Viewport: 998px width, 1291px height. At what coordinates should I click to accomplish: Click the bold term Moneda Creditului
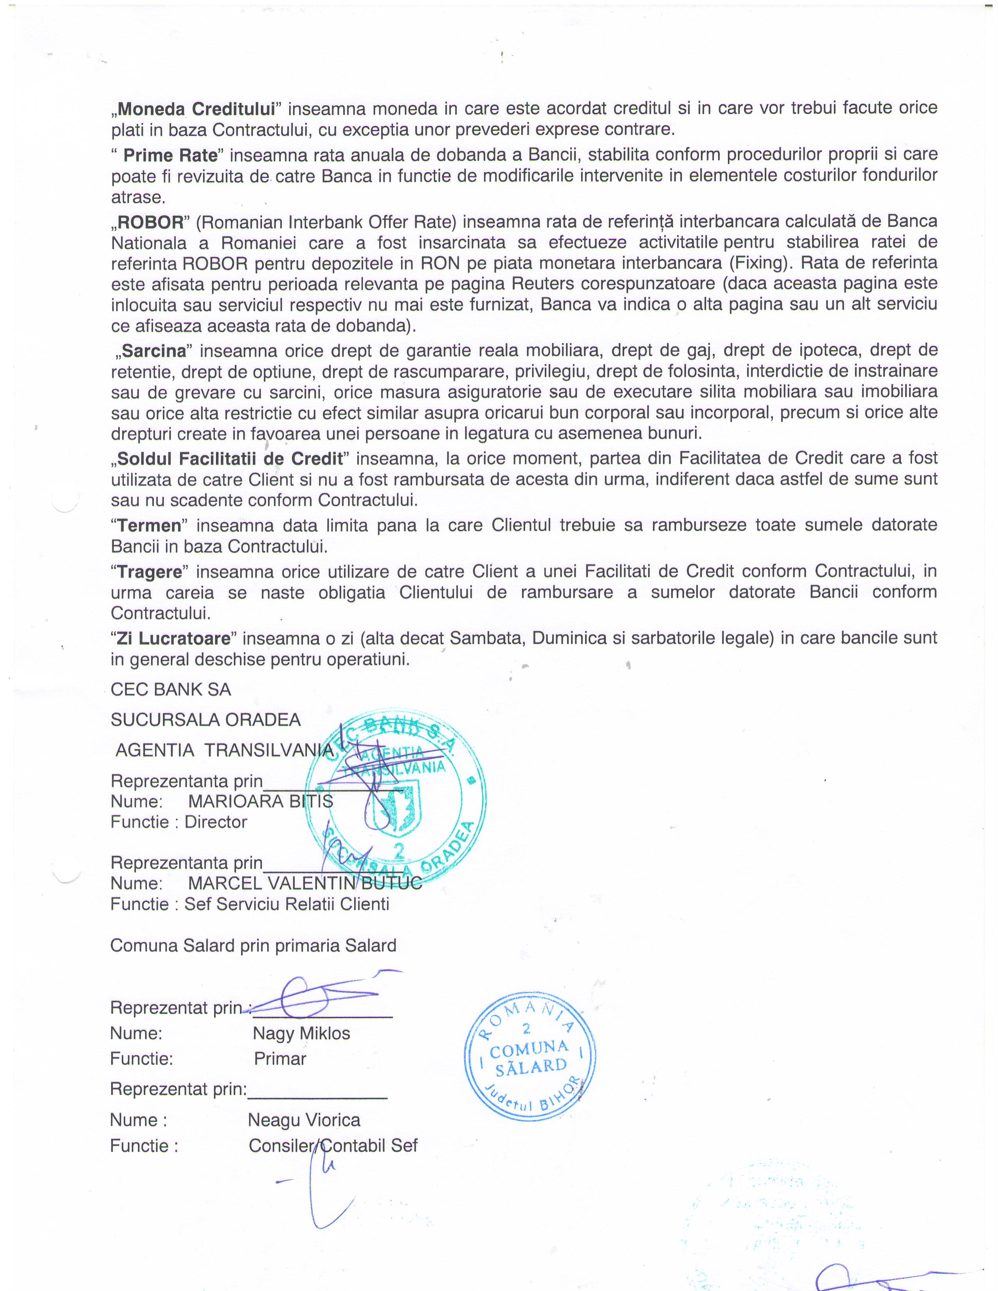click(196, 109)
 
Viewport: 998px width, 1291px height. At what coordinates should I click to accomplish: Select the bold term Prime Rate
click(170, 155)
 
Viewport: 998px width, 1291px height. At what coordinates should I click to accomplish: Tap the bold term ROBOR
click(151, 223)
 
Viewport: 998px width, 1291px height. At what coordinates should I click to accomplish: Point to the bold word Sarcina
click(154, 351)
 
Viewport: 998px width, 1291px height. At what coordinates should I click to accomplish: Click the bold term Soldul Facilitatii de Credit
click(230, 459)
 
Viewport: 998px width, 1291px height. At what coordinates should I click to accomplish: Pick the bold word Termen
click(149, 526)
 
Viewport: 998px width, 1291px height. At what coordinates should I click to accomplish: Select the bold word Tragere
click(150, 572)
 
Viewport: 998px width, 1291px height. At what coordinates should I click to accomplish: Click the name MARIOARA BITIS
click(261, 801)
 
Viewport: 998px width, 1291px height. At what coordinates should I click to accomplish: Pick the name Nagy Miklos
click(301, 1033)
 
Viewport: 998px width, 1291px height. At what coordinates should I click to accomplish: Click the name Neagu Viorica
click(304, 1120)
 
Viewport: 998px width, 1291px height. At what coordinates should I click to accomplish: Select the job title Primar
click(280, 1059)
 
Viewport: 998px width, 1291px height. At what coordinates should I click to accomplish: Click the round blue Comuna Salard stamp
click(530, 1056)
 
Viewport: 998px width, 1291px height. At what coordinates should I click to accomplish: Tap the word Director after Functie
click(216, 822)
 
